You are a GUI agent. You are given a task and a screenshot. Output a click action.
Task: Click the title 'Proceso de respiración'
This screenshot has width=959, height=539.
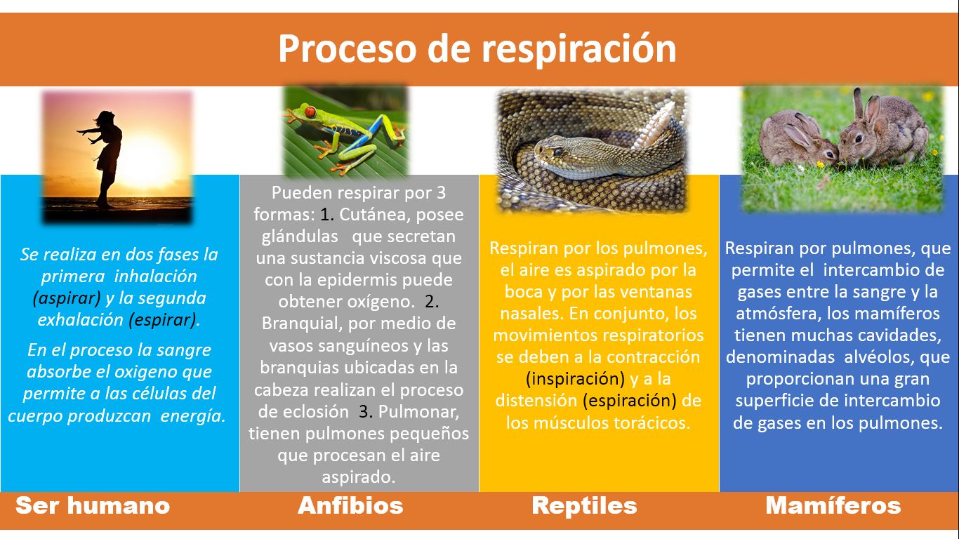point(477,49)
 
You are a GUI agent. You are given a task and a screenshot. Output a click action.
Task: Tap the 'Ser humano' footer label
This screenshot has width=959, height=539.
point(93,505)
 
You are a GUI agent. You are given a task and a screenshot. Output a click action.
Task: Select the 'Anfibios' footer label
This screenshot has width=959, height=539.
point(350,505)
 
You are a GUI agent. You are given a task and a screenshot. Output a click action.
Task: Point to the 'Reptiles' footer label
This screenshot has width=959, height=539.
point(584,506)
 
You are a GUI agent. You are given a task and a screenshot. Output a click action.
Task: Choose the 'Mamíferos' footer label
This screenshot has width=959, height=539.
point(833,505)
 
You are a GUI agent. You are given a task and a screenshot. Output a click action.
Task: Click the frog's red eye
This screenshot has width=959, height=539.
point(310,112)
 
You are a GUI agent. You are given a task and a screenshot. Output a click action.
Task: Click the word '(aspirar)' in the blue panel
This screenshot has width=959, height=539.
point(67,298)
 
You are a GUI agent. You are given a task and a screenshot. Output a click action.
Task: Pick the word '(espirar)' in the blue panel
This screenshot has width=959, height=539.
point(163,320)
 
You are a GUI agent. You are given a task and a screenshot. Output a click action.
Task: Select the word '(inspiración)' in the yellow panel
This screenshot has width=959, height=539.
point(576,379)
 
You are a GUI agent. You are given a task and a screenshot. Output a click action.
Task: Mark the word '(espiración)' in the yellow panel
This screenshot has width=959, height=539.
point(629,401)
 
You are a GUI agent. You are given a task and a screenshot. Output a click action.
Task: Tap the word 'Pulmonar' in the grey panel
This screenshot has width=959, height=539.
point(418,411)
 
